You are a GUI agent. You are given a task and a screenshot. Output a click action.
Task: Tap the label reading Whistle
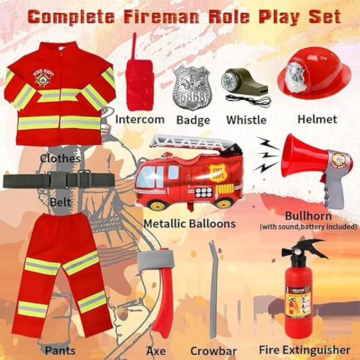(x=246, y=120)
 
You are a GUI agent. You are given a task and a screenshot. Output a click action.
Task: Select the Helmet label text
(x=317, y=119)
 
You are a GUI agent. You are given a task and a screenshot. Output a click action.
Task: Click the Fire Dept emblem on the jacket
(x=41, y=78)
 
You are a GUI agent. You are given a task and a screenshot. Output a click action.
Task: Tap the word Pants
(x=60, y=350)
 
